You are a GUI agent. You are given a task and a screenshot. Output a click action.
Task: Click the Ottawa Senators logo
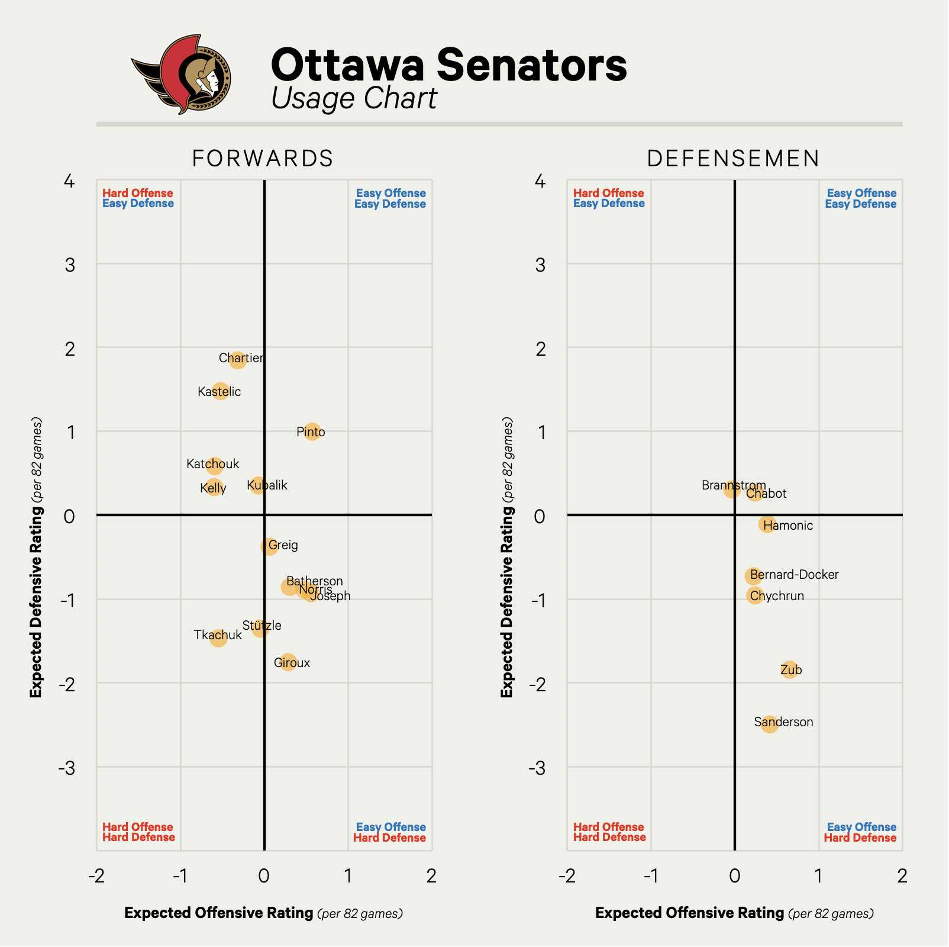pyautogui.click(x=181, y=75)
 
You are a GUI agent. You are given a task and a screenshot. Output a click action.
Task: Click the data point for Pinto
pyautogui.click(x=312, y=432)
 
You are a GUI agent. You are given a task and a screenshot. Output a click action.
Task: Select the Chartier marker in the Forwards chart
pyautogui.click(x=237, y=359)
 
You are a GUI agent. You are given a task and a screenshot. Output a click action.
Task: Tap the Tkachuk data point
pyautogui.click(x=218, y=637)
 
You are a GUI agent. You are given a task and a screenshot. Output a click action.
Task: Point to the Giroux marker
pyautogui.click(x=288, y=662)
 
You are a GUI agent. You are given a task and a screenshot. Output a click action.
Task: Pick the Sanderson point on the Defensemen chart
pyautogui.click(x=769, y=723)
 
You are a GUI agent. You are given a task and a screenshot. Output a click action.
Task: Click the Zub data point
pyautogui.click(x=789, y=670)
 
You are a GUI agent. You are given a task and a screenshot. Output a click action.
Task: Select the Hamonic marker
pyautogui.click(x=767, y=524)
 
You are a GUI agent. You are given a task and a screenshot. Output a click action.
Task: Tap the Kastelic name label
pyautogui.click(x=220, y=392)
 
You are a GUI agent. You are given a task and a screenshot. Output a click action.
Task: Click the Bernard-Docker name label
pyautogui.click(x=794, y=575)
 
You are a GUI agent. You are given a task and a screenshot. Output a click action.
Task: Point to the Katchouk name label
pyautogui.click(x=213, y=464)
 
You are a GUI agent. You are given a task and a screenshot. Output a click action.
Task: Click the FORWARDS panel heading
pyautogui.click(x=263, y=159)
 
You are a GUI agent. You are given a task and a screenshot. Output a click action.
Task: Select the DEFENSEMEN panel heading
pyautogui.click(x=734, y=159)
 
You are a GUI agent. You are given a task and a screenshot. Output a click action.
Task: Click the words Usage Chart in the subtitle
pyautogui.click(x=354, y=99)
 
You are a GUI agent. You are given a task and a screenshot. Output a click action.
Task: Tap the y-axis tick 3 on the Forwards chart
pyautogui.click(x=70, y=265)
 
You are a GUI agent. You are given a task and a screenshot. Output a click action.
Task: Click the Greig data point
pyautogui.click(x=269, y=546)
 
